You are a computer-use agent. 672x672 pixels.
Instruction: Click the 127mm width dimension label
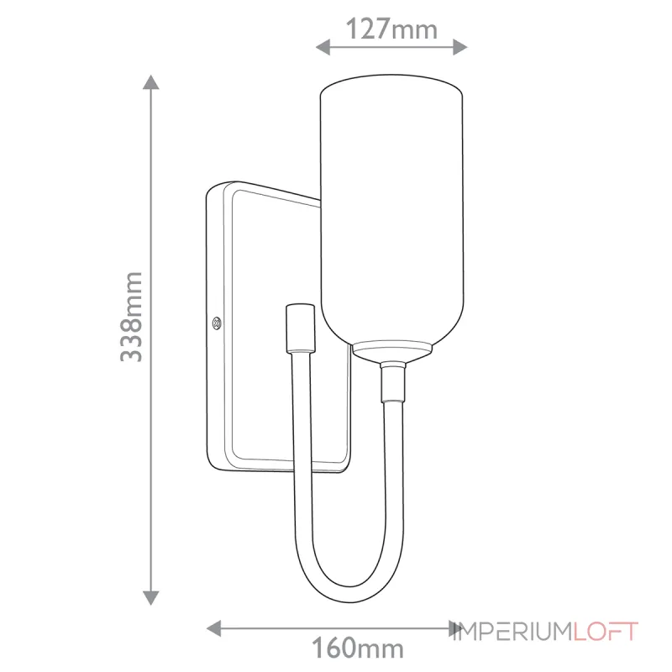point(392,29)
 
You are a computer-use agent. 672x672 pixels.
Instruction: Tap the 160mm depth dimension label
point(358,648)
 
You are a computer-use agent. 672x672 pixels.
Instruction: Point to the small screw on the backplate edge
point(217,321)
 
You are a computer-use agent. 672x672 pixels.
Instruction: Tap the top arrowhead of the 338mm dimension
point(151,83)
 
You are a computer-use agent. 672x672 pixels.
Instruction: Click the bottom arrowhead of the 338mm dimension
point(151,597)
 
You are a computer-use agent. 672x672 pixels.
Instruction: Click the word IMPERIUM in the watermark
point(513,631)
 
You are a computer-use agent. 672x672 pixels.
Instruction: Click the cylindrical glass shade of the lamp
point(391,210)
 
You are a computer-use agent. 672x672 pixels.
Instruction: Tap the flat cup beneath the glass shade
point(391,349)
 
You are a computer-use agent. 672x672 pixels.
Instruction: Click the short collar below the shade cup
point(391,382)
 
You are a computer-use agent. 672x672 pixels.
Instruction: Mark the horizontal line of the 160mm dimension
point(336,627)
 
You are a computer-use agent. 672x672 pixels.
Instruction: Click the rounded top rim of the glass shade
point(391,83)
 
